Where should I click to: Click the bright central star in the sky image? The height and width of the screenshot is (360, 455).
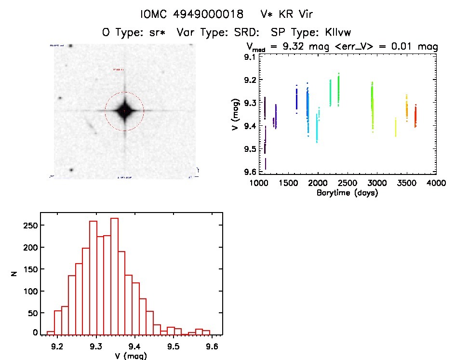(124, 111)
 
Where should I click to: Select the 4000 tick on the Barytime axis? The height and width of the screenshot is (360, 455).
(436, 184)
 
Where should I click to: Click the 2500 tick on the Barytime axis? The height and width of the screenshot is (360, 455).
(348, 184)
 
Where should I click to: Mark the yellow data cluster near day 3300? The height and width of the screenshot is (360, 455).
(396, 128)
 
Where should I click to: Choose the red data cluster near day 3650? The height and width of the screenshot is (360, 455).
(415, 116)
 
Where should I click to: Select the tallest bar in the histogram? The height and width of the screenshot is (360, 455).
(114, 276)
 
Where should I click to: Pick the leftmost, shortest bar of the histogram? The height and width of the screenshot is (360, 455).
(50, 333)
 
